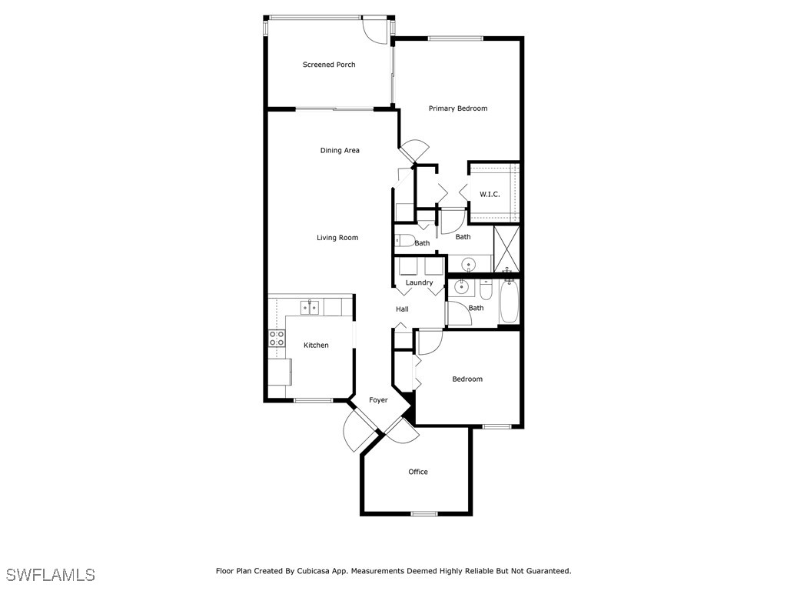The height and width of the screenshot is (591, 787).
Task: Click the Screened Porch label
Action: coord(329,65)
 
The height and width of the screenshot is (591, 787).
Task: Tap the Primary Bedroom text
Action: coord(458,109)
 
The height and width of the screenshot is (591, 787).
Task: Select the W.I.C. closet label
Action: coord(490,194)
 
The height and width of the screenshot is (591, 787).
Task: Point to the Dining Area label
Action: coord(340,151)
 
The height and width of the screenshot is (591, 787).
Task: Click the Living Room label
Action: coord(337,238)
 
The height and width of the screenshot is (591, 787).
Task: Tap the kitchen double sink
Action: coord(310,307)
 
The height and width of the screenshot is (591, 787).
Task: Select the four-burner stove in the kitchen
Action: coord(277,338)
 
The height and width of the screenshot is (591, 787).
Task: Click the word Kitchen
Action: coord(316,346)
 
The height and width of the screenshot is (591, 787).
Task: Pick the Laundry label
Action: coord(420,282)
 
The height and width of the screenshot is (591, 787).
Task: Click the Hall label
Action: coord(402,309)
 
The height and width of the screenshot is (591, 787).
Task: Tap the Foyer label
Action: coord(378,400)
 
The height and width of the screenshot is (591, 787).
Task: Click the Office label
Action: coord(418,472)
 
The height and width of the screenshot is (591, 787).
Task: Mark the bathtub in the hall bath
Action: coord(508,302)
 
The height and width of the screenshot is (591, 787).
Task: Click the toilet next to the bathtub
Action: coord(486,290)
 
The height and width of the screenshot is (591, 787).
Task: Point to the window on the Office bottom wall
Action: coord(423,513)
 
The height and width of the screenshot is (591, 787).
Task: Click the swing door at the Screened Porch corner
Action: coord(377,28)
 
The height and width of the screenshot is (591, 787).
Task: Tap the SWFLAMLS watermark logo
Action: coord(50,575)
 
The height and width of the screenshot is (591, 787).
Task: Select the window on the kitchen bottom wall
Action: coord(313,400)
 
